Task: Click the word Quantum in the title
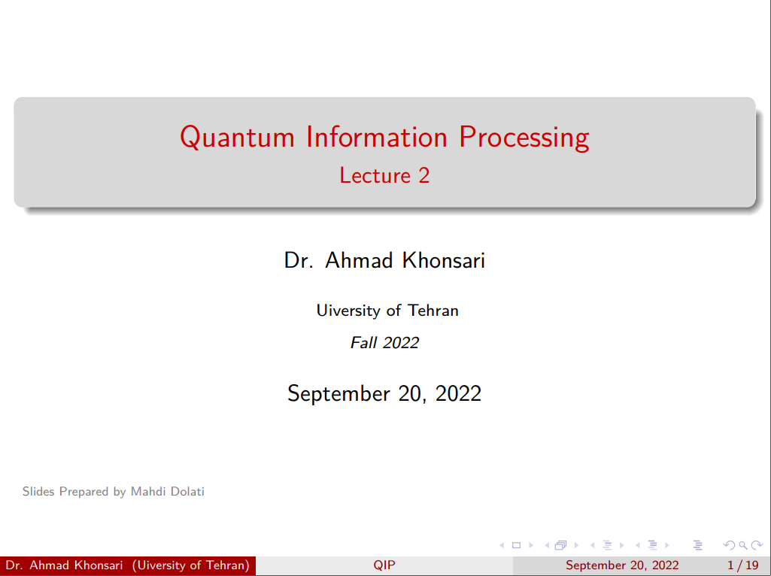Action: click(237, 137)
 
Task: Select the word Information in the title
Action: click(377, 136)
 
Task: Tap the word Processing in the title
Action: click(524, 138)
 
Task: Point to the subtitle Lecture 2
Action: click(384, 175)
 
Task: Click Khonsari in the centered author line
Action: click(444, 260)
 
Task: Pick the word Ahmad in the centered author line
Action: click(359, 260)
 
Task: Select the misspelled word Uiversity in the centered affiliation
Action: click(348, 311)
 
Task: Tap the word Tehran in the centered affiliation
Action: click(433, 311)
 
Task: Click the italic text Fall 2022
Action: click(384, 343)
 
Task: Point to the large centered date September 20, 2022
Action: click(384, 394)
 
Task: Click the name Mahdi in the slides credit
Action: click(148, 492)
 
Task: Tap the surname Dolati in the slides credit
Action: click(187, 492)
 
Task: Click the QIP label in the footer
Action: click(384, 565)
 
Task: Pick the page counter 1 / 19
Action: click(743, 565)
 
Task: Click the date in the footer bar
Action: click(622, 565)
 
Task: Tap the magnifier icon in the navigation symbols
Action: click(743, 545)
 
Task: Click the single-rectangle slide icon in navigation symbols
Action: click(516, 545)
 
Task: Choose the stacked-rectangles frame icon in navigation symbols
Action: click(561, 545)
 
